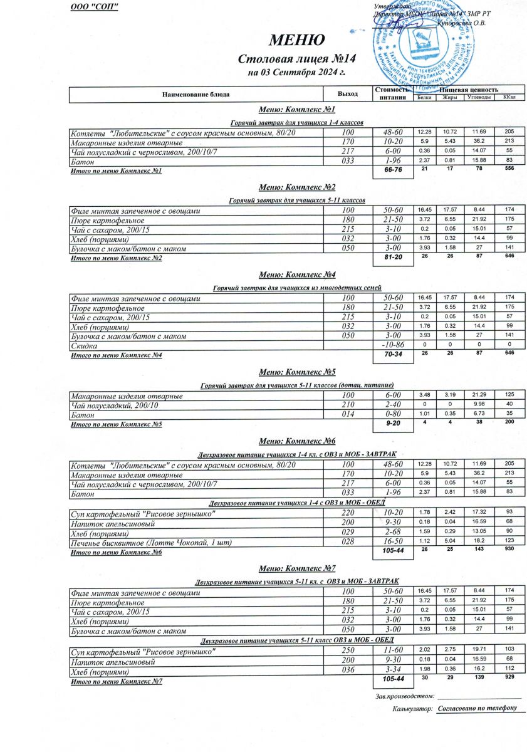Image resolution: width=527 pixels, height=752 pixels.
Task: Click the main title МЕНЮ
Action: coord(297,41)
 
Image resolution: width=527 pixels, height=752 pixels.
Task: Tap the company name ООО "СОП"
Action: coord(95,7)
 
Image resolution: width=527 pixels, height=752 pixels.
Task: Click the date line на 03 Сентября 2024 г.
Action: coord(297,73)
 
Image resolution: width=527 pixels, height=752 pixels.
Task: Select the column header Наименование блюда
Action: coord(196,94)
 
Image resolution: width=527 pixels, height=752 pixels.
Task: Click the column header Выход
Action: coord(347,94)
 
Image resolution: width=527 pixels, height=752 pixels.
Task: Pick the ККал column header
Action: coord(509,98)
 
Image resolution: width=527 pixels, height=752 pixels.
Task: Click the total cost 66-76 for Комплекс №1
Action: coord(392,171)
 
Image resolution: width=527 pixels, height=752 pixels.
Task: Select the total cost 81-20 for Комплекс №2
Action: coord(392,258)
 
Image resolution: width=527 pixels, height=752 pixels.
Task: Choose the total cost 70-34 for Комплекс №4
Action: coord(392,355)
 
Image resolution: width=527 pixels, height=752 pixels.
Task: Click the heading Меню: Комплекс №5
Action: coord(297,372)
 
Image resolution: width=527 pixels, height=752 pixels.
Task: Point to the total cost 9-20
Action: coord(392,424)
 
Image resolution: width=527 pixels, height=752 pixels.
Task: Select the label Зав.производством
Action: coord(404,696)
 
